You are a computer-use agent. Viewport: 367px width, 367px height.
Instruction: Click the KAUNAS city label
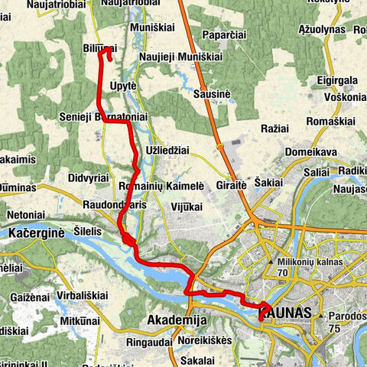[x=287, y=314]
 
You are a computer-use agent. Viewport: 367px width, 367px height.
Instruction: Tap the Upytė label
[x=122, y=85]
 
